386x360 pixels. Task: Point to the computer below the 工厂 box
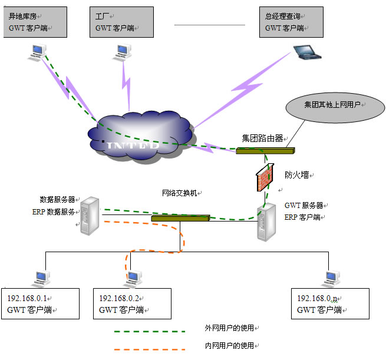(120, 54)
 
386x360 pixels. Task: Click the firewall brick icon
(265, 179)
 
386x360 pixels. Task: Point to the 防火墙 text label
(298, 175)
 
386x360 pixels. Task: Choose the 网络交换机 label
(182, 193)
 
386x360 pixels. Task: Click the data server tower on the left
(90, 214)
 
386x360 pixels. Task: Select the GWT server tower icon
(266, 221)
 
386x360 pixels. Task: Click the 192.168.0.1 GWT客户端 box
(41, 303)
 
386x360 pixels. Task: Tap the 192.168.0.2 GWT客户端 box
(130, 303)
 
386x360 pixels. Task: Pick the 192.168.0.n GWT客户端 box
(330, 303)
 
